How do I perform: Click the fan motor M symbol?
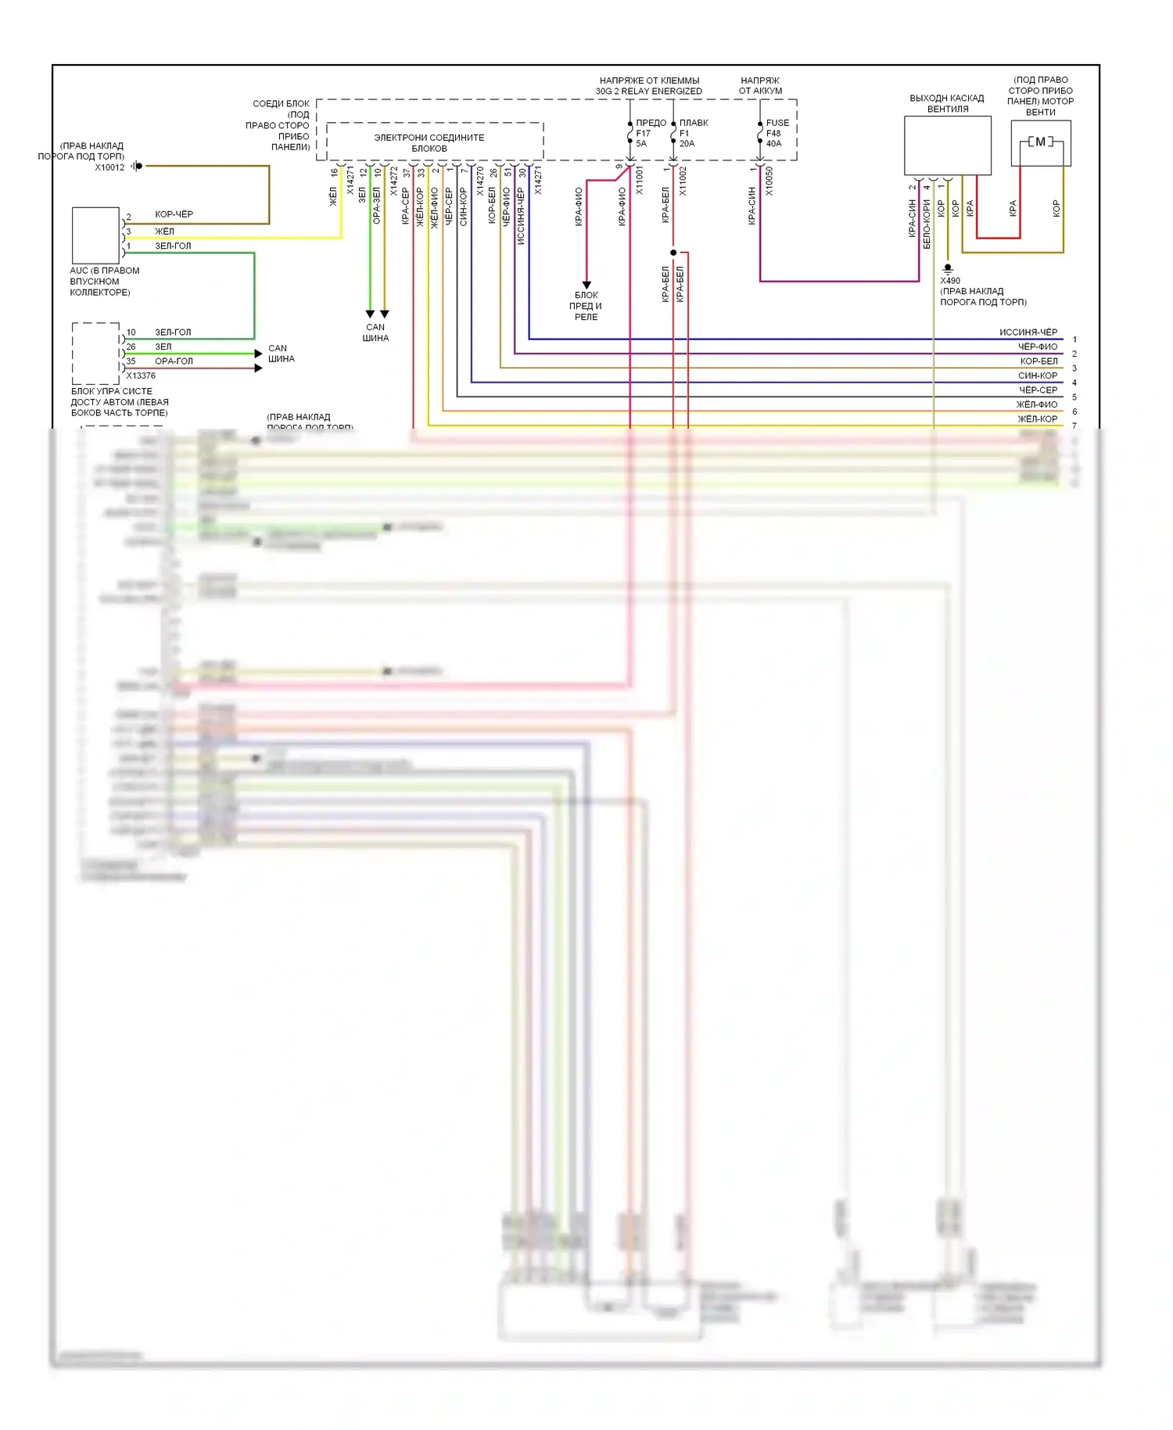click(1040, 142)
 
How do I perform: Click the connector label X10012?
click(109, 167)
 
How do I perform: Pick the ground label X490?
click(950, 281)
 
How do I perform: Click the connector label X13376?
click(141, 376)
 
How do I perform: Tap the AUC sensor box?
click(95, 235)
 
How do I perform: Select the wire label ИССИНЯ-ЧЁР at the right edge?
click(1028, 332)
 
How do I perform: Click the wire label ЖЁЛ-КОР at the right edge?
click(1037, 419)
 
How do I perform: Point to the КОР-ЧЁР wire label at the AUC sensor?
click(174, 214)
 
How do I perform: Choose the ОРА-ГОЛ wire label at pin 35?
click(174, 361)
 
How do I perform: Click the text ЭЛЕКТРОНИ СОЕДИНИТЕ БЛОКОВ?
click(429, 143)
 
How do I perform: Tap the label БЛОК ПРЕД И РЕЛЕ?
click(586, 306)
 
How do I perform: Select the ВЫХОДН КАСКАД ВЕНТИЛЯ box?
click(947, 146)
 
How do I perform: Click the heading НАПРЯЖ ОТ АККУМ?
click(760, 86)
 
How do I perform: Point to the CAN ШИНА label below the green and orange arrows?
click(375, 332)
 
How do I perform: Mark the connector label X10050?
click(769, 181)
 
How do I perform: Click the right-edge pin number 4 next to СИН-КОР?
click(1074, 383)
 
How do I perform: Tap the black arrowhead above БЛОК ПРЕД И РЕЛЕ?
click(586, 286)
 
